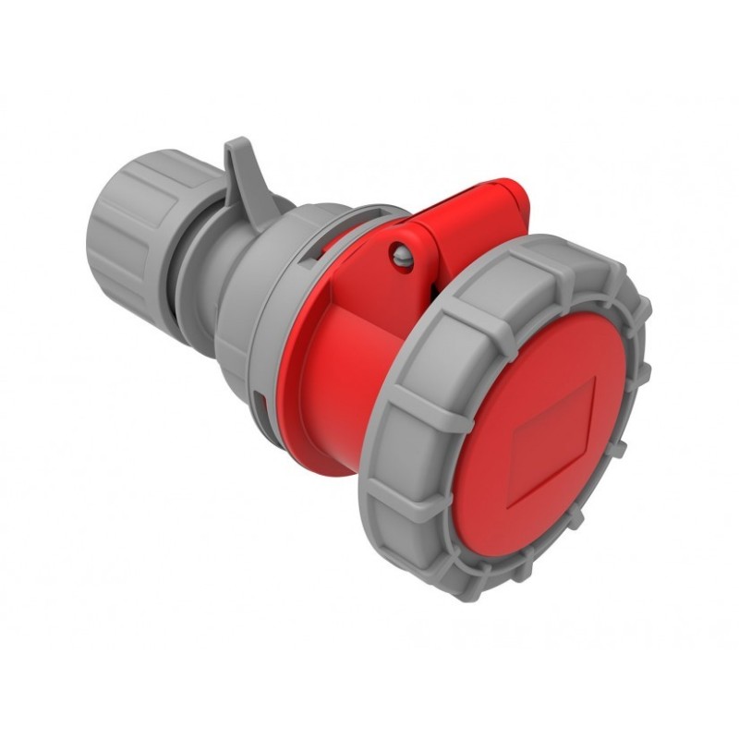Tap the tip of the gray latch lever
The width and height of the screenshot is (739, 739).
236,146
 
